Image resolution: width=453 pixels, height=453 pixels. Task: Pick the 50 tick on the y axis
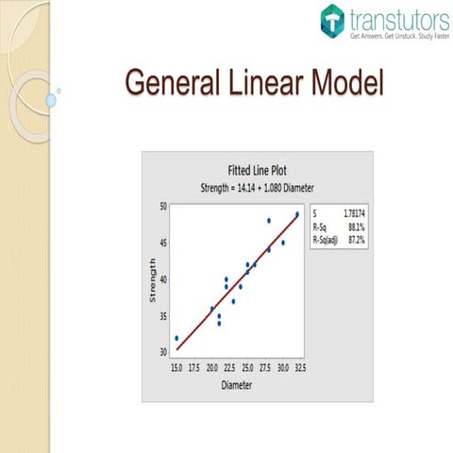[163, 206]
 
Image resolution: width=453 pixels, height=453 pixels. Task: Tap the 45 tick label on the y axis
[163, 243]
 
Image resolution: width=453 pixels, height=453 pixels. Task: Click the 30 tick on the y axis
[163, 352]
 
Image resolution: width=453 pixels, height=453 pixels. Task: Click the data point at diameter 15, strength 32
[176, 338]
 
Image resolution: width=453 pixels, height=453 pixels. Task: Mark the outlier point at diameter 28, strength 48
[269, 221]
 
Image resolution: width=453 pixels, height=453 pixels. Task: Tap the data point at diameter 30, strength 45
[283, 243]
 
